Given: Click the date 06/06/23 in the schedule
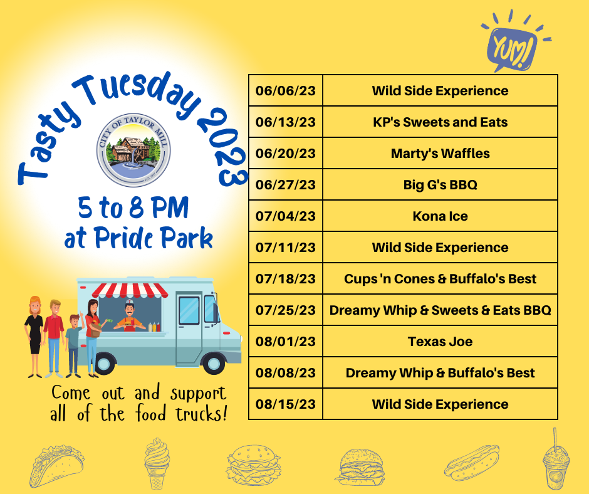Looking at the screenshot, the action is click(286, 91).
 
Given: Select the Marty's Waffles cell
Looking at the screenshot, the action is click(440, 154).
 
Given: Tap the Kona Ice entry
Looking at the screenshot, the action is click(440, 216).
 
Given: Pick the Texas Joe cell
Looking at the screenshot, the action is click(440, 342).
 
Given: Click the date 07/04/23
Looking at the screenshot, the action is click(286, 216).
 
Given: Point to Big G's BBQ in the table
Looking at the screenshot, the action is click(440, 184).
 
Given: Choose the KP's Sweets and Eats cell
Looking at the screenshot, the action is click(440, 122).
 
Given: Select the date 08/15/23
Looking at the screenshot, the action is click(286, 404).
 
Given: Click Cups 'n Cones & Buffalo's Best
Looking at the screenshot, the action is click(440, 278).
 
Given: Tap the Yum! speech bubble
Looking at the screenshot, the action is click(512, 48).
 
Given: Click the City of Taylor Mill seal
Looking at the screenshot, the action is click(133, 150).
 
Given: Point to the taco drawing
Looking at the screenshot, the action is click(56, 466).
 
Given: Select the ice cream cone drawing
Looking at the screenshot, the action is click(157, 463).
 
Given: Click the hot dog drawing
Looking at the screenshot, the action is click(472, 461).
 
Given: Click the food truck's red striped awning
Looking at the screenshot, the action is click(130, 290).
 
